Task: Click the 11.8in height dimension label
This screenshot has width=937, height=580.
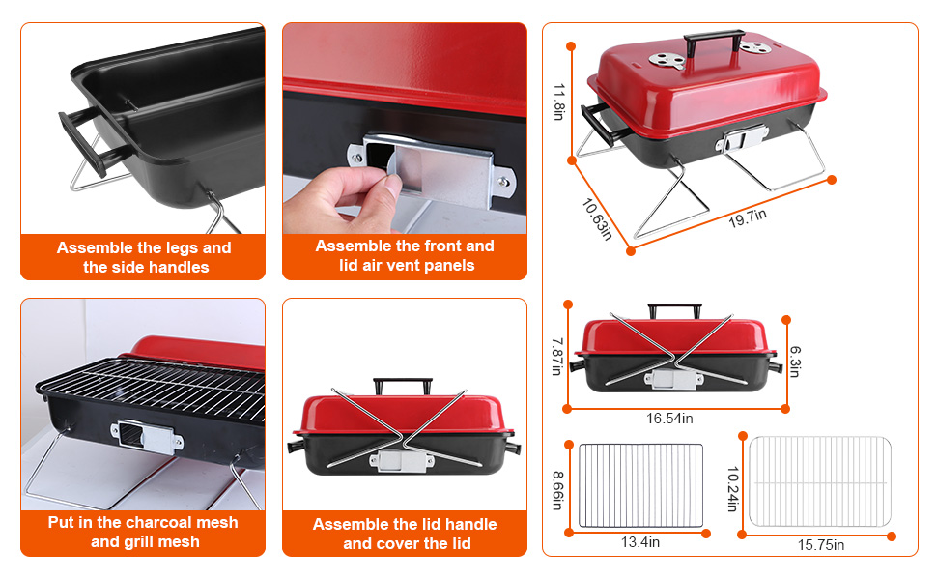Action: tap(557, 101)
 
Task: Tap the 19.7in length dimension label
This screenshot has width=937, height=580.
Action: tap(747, 217)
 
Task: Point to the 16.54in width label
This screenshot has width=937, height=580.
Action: tap(669, 418)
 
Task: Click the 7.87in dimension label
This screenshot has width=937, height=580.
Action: tap(556, 357)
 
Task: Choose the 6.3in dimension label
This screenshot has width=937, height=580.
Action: tap(795, 361)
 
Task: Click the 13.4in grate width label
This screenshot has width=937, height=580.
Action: tap(640, 542)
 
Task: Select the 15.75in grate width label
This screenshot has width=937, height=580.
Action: tap(820, 545)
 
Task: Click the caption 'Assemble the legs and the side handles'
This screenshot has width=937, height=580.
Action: tap(144, 257)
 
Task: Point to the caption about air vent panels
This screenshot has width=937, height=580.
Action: tap(405, 256)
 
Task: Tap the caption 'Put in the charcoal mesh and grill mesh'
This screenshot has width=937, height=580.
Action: tap(143, 532)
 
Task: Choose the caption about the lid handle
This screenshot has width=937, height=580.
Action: tap(405, 534)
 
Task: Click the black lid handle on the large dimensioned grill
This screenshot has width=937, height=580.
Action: tap(714, 43)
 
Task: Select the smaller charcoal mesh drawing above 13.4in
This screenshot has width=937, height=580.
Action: tap(640, 485)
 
